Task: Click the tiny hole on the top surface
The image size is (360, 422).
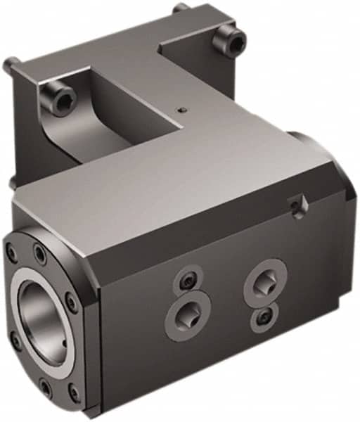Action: (x=183, y=110)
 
